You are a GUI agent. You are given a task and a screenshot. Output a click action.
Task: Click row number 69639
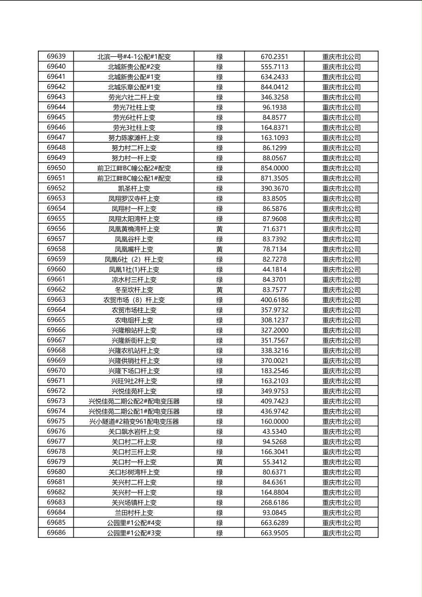[56, 57]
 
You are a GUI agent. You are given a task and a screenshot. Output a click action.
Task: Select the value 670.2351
[274, 57]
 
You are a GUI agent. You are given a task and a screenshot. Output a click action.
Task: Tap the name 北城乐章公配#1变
[134, 87]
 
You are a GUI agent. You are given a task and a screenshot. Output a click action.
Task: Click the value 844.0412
[274, 87]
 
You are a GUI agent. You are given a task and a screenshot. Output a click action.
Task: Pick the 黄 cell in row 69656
[220, 229]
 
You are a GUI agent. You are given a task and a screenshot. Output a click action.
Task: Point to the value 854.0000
[274, 168]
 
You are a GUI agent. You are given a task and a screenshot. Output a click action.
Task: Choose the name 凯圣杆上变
[134, 188]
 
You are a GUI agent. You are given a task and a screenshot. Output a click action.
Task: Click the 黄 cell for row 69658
[220, 249]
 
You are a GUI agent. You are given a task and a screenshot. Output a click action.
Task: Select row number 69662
[56, 290]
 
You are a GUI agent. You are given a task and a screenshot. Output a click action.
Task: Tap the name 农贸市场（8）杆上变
[134, 300]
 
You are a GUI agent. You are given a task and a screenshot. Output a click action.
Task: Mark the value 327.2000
[274, 330]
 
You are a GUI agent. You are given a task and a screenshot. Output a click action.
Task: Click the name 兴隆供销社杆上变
[134, 361]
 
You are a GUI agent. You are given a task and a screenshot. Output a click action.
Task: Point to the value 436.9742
[274, 412]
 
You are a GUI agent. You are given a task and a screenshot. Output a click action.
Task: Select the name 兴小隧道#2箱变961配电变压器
[134, 421]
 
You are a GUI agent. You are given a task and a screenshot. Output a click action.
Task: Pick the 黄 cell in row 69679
[220, 462]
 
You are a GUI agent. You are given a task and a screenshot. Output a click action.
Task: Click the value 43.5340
[274, 432]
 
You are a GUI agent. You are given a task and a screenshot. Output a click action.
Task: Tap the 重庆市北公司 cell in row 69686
[342, 533]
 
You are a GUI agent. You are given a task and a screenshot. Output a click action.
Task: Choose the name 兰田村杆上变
[134, 513]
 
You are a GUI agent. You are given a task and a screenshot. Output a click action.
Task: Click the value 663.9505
[274, 533]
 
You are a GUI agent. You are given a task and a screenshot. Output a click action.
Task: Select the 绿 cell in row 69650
[220, 168]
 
